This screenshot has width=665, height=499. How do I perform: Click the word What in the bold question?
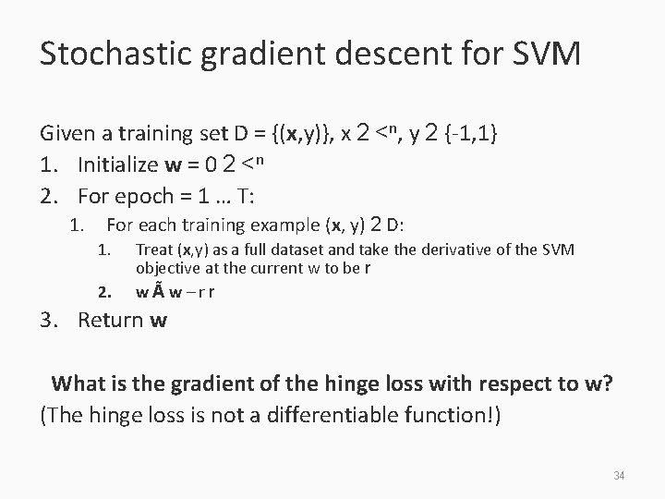[x=79, y=383]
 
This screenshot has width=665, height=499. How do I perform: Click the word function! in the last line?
[x=453, y=415]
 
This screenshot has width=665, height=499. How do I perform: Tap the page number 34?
[x=620, y=476]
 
